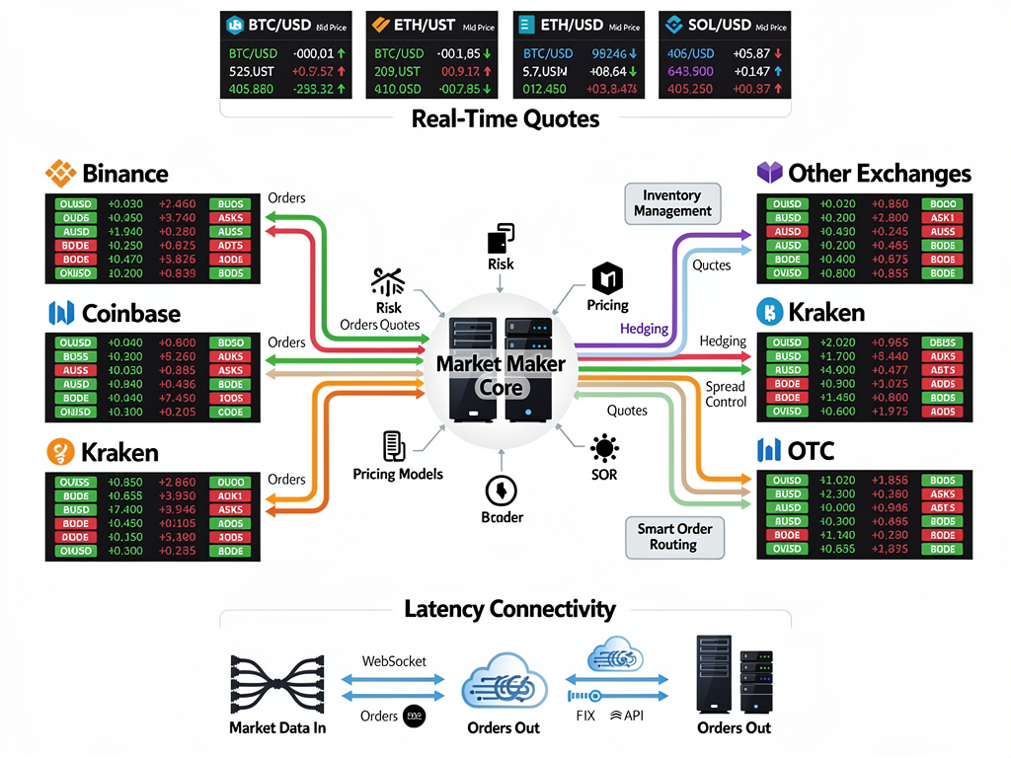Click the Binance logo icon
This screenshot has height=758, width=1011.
61,174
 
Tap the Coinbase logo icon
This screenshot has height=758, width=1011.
61,314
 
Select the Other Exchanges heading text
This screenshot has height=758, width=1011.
879,174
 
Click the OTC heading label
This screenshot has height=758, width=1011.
811,451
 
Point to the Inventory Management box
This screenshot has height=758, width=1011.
672,203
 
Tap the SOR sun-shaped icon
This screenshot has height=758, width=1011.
604,449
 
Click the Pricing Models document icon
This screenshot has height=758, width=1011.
394,445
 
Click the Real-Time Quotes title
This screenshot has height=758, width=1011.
505,119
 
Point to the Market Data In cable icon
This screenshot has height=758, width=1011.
277,683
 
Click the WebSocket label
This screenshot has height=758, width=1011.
394,660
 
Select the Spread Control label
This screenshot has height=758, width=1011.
725,394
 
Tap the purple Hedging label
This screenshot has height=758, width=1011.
644,329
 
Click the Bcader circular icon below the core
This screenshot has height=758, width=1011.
502,490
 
